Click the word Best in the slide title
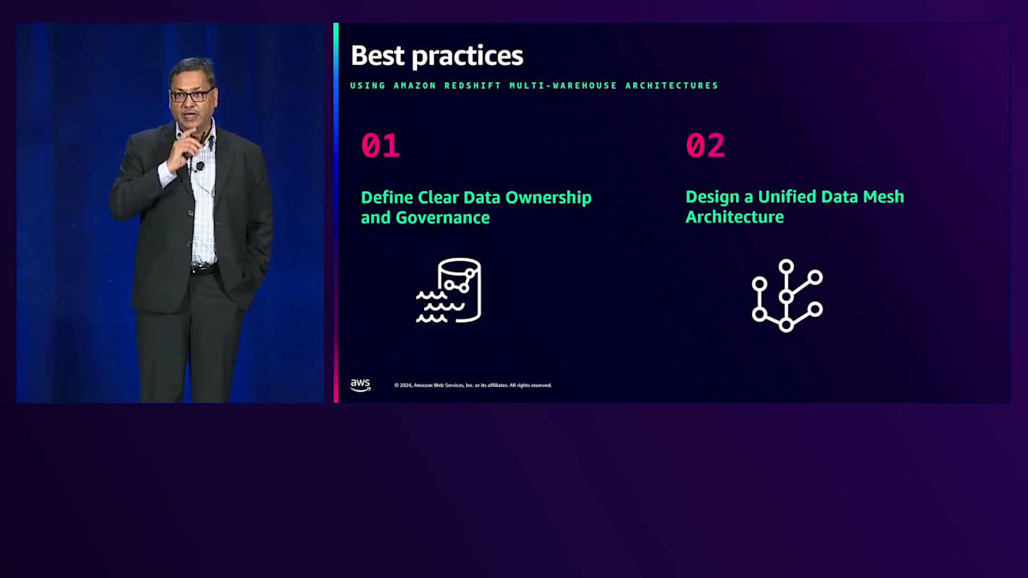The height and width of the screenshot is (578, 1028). click(x=378, y=56)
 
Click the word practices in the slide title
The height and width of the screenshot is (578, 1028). click(x=467, y=57)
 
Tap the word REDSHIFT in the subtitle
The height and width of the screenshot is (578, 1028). click(x=473, y=86)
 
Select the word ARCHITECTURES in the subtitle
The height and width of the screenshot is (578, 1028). click(x=672, y=86)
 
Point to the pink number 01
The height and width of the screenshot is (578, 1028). click(x=380, y=146)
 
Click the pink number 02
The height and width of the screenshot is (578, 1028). click(x=705, y=146)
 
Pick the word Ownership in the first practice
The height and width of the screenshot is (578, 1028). click(x=548, y=198)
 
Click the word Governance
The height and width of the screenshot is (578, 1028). click(x=442, y=217)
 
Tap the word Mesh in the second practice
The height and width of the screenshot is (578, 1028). click(x=883, y=197)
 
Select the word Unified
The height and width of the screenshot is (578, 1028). click(x=787, y=197)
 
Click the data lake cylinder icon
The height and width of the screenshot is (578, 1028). click(x=449, y=290)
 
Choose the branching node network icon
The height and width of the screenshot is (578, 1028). click(x=787, y=296)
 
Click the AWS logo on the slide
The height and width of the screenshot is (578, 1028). click(x=361, y=385)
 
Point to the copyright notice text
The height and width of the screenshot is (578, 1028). click(x=473, y=385)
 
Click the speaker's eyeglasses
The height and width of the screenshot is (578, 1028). click(x=191, y=95)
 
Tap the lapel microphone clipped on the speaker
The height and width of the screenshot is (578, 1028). click(x=200, y=165)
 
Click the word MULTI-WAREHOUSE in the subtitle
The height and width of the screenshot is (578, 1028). click(x=563, y=86)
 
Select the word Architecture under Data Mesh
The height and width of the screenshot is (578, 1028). click(x=735, y=217)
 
